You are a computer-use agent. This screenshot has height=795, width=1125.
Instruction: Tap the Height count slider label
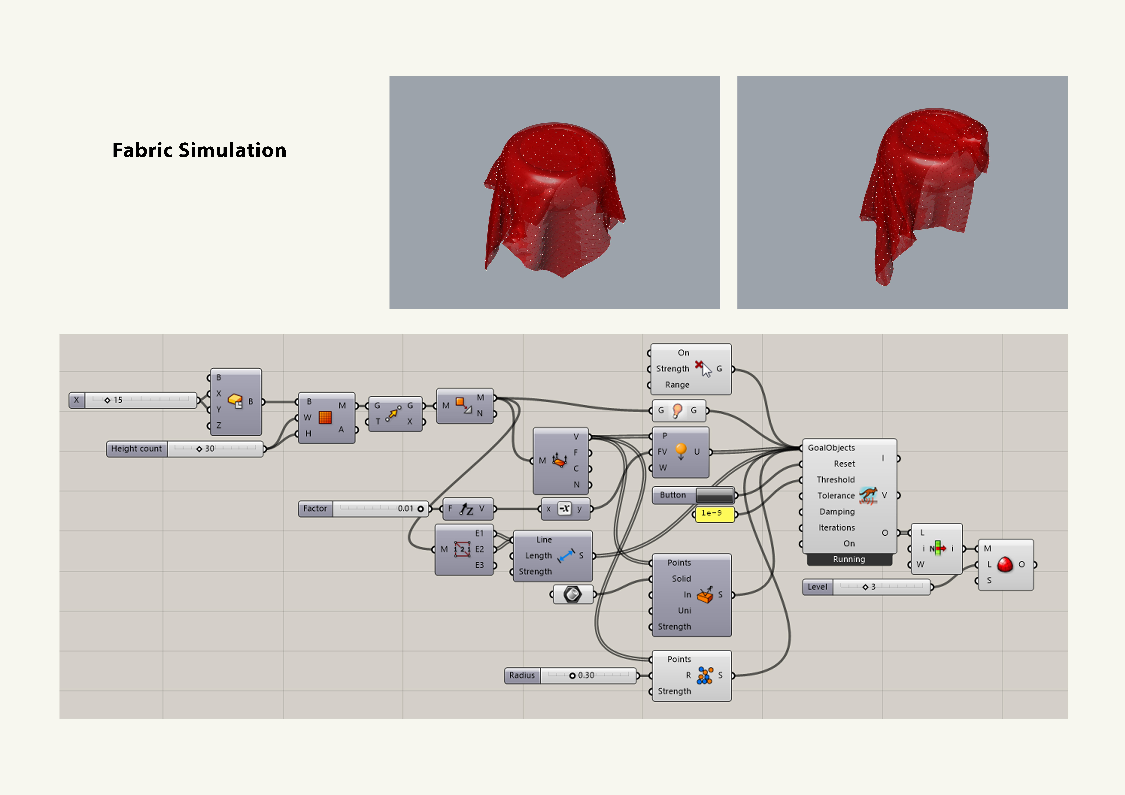[x=136, y=449]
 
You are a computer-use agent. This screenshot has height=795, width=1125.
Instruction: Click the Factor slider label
[x=315, y=508]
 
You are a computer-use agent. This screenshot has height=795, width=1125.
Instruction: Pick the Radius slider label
[x=522, y=675]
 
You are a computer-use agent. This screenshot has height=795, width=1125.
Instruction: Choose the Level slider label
[x=817, y=587]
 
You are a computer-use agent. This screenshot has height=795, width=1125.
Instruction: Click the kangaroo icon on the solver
[x=868, y=495]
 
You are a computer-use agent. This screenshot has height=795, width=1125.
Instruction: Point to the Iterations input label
[x=836, y=528]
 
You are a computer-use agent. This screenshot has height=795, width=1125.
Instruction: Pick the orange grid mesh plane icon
[x=325, y=417]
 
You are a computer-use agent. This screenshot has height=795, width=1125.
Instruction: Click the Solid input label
[x=681, y=579]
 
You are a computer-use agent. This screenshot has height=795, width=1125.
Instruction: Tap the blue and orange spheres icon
[x=705, y=675]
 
